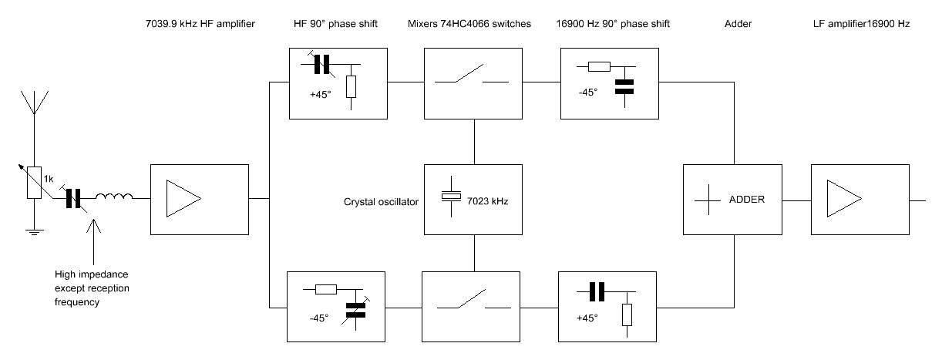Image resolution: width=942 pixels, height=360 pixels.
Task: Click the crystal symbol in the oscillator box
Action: pyautogui.click(x=449, y=196)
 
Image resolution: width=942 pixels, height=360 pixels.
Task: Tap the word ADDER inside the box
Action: pyautogui.click(x=747, y=199)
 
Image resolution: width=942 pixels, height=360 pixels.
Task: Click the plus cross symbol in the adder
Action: pyautogui.click(x=708, y=199)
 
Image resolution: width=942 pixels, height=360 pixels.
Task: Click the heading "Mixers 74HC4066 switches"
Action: pyautogui.click(x=469, y=25)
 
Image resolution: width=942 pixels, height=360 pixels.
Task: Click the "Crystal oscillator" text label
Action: pyautogui.click(x=381, y=202)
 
